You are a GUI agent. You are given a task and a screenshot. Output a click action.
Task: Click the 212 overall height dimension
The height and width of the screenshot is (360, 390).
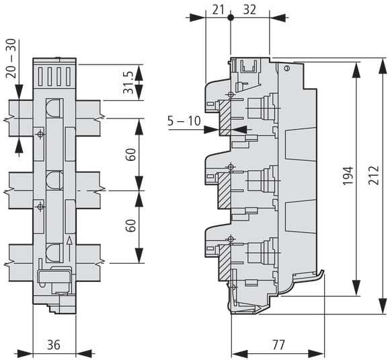[x=374, y=175]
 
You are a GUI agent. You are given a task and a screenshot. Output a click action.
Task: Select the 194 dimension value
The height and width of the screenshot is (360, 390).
[x=348, y=176]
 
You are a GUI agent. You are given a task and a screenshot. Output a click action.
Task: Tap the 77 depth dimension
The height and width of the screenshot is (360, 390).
[x=278, y=345]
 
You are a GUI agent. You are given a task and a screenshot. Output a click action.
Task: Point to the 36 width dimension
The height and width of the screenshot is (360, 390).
[x=54, y=345]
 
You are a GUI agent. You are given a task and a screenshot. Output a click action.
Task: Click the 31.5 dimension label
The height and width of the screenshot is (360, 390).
[x=128, y=82]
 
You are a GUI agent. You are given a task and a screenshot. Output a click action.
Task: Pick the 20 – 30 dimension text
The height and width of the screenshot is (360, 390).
[x=11, y=59]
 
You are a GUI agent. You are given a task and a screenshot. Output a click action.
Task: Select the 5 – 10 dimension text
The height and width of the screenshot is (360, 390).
[x=184, y=121]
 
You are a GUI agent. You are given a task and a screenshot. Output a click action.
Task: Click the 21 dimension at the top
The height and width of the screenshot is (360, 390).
[x=218, y=10]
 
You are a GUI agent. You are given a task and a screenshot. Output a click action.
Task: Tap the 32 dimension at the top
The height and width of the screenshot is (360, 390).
[x=249, y=10]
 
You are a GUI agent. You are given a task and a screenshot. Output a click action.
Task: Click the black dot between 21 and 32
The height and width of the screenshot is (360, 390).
[x=231, y=17]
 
